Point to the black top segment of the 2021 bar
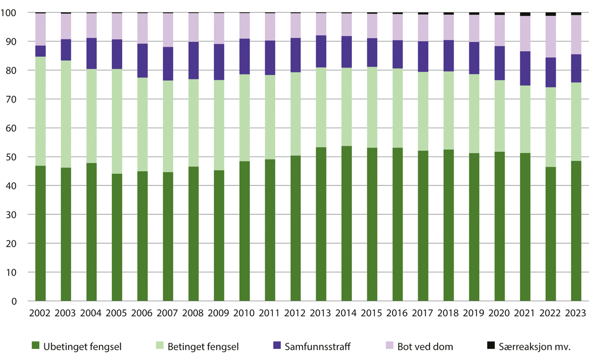pos(525,14)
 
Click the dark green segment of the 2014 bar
pos(347,223)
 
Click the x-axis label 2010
pos(244,313)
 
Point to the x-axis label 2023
pos(576,313)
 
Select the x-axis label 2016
pos(398,313)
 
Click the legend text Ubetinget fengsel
pos(83,347)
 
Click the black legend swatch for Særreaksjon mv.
pos(490,346)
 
